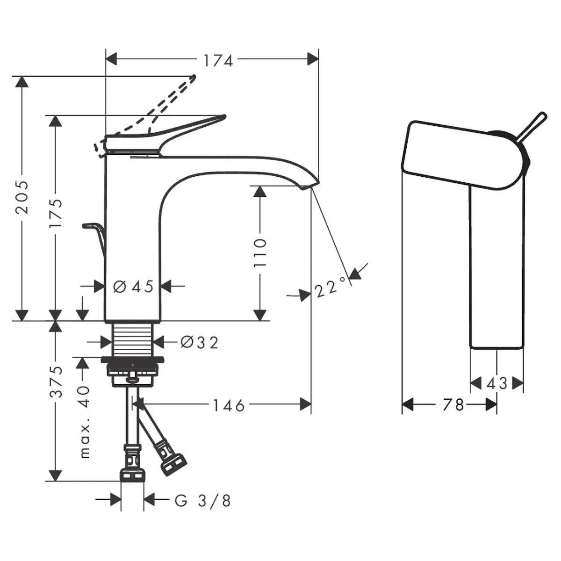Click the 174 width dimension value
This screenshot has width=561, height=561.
(218, 60)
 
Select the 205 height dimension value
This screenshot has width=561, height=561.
(22, 196)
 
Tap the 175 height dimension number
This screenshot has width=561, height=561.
(56, 214)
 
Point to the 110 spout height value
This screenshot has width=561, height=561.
(260, 253)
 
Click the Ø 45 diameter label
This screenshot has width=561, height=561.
(134, 286)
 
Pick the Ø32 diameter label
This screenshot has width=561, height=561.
(200, 343)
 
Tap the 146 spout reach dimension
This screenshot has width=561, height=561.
(229, 405)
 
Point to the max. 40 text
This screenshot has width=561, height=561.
(84, 422)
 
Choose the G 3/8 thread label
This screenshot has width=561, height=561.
(203, 501)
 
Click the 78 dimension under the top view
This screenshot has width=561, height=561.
(453, 404)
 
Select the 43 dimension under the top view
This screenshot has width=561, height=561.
(496, 383)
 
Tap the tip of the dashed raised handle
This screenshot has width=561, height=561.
(193, 77)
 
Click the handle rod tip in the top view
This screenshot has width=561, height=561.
(542, 115)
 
